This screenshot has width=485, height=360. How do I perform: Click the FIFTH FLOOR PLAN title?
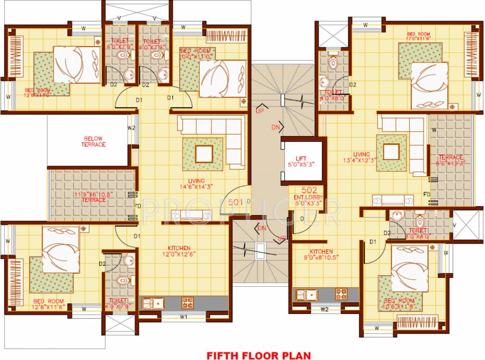pos(259,355)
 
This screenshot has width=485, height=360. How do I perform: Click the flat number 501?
pos(236,202)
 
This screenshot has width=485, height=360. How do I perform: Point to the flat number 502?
pos(309,190)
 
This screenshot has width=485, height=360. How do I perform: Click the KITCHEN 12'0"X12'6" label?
pos(179,251)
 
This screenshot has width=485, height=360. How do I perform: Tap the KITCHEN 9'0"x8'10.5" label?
pos(321,255)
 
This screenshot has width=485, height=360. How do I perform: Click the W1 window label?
pos(184,317)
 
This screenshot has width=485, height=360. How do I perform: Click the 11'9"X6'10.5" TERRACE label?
pos(93,196)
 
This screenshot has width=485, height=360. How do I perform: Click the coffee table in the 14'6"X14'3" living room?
pos(204,154)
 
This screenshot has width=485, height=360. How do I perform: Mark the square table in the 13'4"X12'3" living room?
pos(391,152)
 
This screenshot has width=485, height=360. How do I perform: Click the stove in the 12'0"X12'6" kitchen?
pos(187,302)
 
